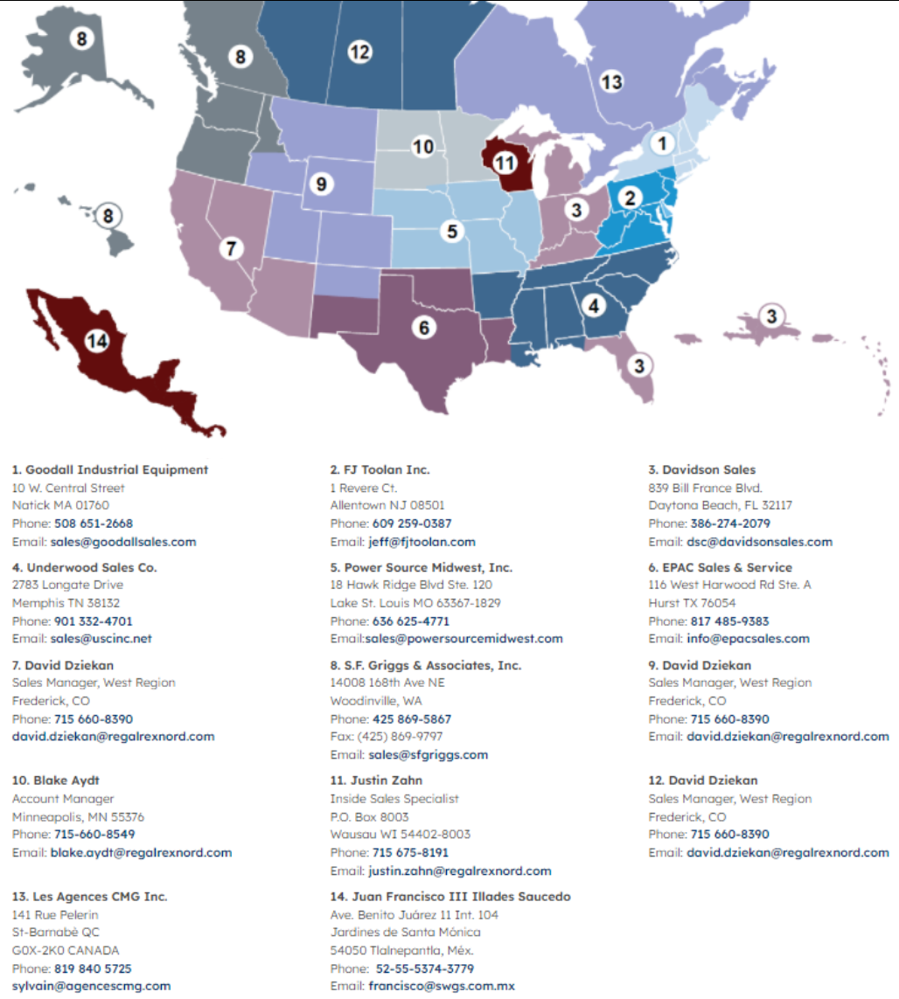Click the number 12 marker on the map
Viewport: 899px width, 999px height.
pyautogui.click(x=359, y=52)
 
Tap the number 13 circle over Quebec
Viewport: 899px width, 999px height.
pyautogui.click(x=611, y=81)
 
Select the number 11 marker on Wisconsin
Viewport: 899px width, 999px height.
pyautogui.click(x=505, y=163)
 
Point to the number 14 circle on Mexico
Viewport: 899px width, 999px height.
pyautogui.click(x=97, y=342)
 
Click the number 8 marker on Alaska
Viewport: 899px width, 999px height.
pyautogui.click(x=81, y=38)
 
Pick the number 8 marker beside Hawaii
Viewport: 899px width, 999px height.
pyautogui.click(x=108, y=215)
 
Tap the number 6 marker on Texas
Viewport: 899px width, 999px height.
pyautogui.click(x=424, y=328)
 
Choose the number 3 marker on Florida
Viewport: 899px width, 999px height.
pyautogui.click(x=641, y=365)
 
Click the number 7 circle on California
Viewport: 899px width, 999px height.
pyautogui.click(x=231, y=248)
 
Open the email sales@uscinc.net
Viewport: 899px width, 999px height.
pyautogui.click(x=101, y=639)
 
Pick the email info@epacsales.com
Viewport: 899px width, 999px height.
pyautogui.click(x=748, y=639)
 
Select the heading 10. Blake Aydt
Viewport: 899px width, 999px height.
pyautogui.click(x=50, y=780)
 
